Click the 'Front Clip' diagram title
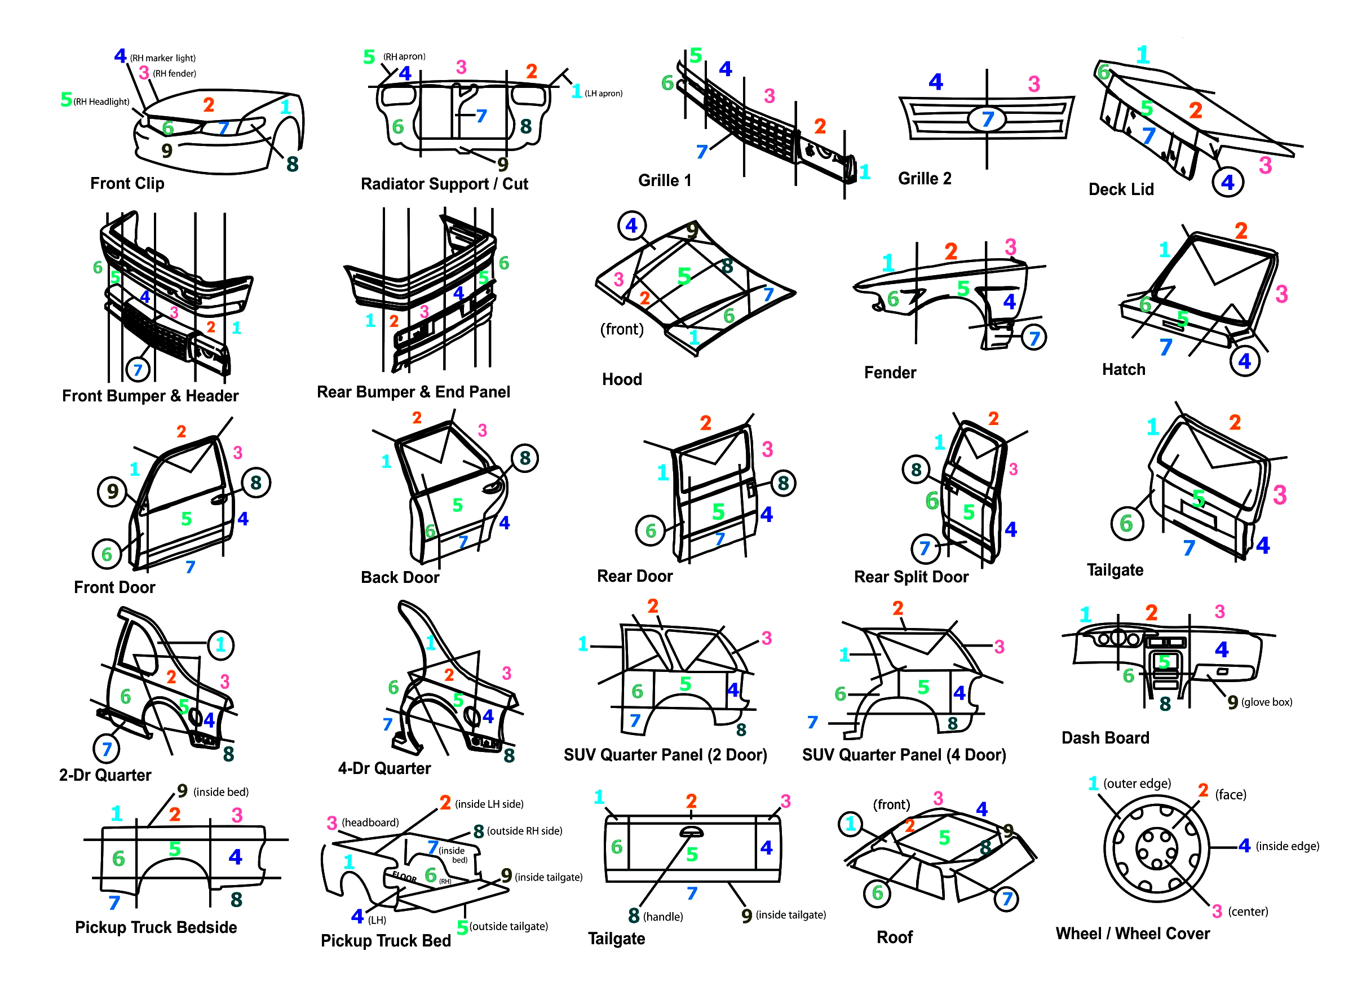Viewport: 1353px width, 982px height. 127,184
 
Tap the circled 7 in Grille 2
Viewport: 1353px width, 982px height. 987,120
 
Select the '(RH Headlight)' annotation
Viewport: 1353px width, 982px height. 101,102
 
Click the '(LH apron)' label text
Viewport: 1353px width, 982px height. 603,94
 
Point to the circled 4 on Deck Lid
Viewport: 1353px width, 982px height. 1227,183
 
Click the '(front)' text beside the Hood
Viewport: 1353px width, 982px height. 622,329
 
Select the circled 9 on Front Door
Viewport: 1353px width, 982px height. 112,492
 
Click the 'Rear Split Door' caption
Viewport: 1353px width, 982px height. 911,577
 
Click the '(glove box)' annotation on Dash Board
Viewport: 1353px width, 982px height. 1267,702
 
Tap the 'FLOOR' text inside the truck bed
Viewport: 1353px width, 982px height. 404,877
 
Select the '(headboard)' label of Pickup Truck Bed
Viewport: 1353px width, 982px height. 370,822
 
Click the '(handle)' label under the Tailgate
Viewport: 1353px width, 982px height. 663,917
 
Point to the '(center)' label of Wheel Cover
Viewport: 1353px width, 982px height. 1248,912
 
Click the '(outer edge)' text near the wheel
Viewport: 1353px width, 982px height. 1137,784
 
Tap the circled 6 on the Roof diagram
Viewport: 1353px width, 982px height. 877,893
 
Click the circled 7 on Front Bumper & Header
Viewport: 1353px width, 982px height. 138,370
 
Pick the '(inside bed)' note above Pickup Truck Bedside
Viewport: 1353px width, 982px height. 221,792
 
